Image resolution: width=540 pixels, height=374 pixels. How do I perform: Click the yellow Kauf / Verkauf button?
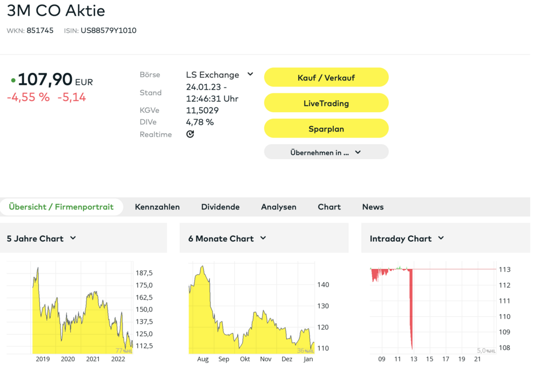[x=326, y=78]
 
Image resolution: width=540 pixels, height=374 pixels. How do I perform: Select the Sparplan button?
[x=326, y=129]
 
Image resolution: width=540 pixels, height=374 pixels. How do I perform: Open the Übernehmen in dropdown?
[x=326, y=152]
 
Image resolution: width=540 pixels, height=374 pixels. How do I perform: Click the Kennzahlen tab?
[x=157, y=207]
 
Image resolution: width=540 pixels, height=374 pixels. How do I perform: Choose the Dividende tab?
[x=220, y=207]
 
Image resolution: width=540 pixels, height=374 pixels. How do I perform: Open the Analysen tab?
[x=279, y=207]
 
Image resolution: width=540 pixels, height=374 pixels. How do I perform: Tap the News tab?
[x=373, y=207]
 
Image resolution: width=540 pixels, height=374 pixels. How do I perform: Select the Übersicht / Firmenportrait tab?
[x=62, y=207]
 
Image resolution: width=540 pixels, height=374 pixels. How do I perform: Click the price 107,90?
[x=45, y=80]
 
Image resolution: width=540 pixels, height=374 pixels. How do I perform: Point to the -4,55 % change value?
[x=28, y=98]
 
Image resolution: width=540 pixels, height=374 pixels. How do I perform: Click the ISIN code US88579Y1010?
[x=109, y=31]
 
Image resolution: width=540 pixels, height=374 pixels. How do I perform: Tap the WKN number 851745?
[x=40, y=31]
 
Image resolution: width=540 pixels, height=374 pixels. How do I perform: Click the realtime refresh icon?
[x=190, y=134]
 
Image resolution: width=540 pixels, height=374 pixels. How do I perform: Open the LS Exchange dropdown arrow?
[x=250, y=74]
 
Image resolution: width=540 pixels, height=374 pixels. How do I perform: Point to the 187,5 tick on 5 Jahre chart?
[x=144, y=273]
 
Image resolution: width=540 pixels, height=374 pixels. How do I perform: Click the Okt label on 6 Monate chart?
[x=245, y=359]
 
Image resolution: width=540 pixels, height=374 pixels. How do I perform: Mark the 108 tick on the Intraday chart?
[x=503, y=348]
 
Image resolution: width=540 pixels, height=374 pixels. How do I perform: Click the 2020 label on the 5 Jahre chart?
[x=67, y=359]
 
